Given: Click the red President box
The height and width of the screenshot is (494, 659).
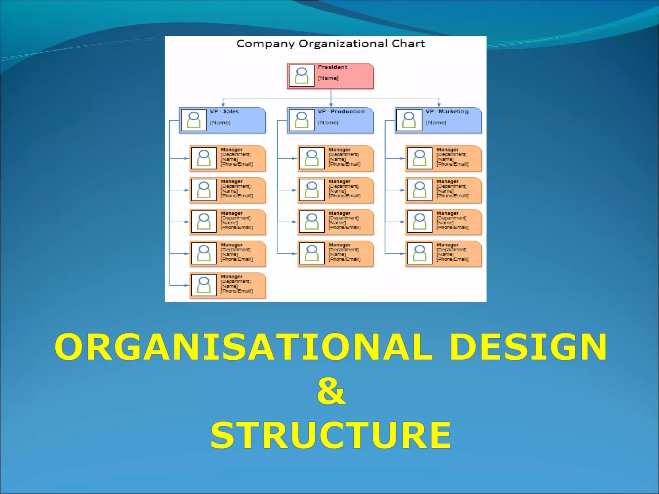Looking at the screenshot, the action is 330,76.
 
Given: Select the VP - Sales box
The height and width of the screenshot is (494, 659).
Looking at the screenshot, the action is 222,120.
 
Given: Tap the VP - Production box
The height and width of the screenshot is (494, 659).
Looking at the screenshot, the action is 330,120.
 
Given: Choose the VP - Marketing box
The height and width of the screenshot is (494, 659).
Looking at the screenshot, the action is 438,120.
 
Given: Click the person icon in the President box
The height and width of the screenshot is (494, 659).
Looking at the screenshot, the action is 302,76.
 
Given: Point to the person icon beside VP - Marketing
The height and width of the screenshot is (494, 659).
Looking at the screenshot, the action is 409,120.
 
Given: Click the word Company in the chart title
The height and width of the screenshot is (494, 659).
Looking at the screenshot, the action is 265,44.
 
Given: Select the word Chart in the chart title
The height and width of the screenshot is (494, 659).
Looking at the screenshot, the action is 408,43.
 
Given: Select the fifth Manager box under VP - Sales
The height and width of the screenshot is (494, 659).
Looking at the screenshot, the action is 228,285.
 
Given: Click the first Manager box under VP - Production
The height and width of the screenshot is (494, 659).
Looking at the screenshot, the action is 336,158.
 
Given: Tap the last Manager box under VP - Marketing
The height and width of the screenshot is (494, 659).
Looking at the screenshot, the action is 443,254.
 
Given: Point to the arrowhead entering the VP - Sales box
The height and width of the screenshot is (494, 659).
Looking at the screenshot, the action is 223,105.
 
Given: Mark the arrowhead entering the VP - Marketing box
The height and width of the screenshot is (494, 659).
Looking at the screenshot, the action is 439,105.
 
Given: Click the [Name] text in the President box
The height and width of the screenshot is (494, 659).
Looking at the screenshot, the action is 328,78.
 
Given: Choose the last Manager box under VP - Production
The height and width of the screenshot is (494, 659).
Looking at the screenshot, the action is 336,254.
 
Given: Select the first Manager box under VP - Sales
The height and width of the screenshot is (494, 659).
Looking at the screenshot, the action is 228,158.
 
